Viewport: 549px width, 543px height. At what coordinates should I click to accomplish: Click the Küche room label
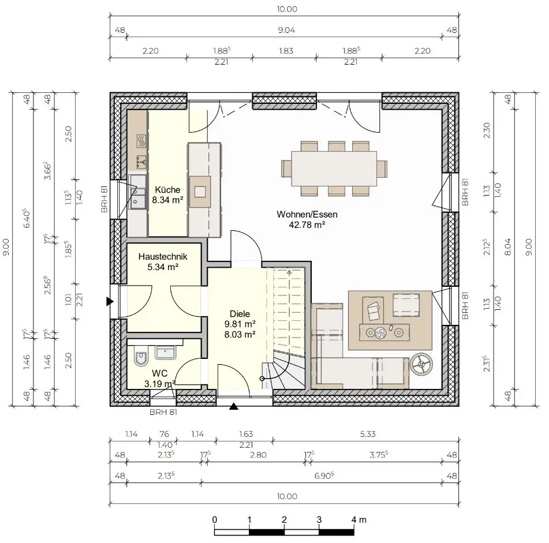point(167,190)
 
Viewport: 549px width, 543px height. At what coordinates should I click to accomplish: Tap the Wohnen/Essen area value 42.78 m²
point(307,224)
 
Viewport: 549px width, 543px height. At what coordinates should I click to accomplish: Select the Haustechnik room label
point(163,256)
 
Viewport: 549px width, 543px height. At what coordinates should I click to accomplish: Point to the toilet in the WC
point(141,358)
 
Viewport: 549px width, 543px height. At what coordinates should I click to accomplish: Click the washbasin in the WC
point(166,353)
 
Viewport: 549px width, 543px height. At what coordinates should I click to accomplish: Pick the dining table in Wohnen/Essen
point(334,168)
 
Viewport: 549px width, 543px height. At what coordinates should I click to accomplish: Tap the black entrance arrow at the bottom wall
point(234,406)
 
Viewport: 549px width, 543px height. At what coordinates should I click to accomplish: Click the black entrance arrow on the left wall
point(110,301)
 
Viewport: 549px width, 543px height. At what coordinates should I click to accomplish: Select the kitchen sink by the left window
point(137,192)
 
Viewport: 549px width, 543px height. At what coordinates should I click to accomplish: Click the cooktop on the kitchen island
point(200,192)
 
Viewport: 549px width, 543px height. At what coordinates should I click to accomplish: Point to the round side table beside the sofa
point(421,364)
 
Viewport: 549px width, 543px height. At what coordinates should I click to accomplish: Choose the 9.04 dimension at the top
point(286,31)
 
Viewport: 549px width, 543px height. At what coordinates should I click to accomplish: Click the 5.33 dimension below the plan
point(368,434)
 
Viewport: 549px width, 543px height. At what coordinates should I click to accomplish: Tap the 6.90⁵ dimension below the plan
point(324,475)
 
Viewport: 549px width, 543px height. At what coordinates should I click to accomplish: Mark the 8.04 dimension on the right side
point(508,246)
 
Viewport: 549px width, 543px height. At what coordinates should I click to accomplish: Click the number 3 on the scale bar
point(319,519)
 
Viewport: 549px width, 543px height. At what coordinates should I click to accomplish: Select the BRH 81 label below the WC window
point(163,412)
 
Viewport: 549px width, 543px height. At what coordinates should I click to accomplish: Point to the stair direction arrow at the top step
point(289,272)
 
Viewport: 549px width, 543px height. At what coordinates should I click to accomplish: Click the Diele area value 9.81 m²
point(240,324)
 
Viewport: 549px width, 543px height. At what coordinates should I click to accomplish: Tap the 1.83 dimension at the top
point(286,51)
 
